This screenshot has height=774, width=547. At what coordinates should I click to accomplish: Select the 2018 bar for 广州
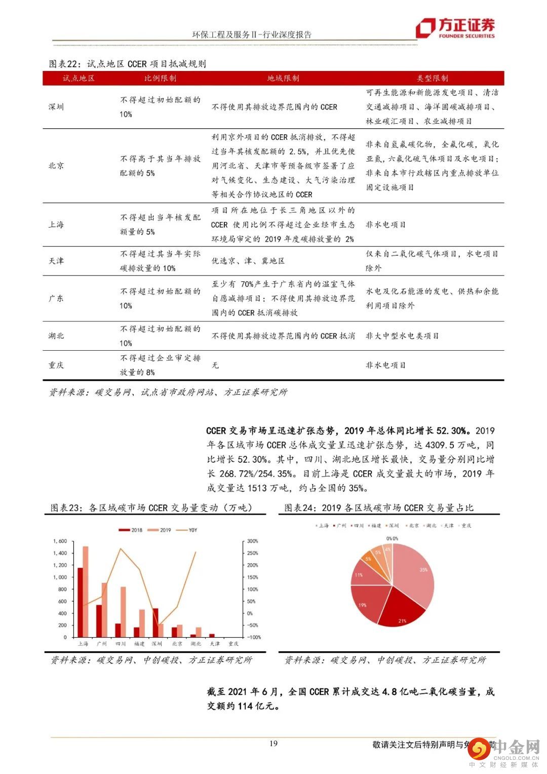pos(99,621)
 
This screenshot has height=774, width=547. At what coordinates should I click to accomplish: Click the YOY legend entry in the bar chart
pos(188,530)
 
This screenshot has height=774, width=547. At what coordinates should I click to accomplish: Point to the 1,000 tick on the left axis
pos(60,577)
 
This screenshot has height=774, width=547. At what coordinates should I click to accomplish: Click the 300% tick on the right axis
pos(252,541)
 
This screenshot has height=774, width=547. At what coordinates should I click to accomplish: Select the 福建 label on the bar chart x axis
pos(139,644)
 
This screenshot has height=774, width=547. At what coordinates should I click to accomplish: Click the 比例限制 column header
pos(160,78)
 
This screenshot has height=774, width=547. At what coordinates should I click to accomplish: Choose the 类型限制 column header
pos(432,78)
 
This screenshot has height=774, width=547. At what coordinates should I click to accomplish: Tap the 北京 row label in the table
pos(56,166)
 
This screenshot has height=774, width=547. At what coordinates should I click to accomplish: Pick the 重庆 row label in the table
pos(56,365)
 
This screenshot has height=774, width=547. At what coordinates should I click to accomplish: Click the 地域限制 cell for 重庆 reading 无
pos(215,365)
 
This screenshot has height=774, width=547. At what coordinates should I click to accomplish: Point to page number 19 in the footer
pos(273,744)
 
